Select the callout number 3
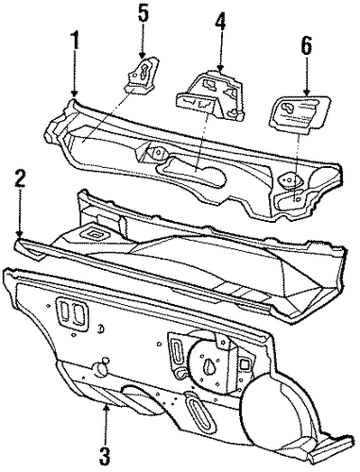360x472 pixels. (105, 454)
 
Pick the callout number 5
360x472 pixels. (143, 12)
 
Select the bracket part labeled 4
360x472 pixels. (211, 95)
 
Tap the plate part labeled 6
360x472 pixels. (300, 114)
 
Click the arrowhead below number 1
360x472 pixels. (75, 93)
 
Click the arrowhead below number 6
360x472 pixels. (306, 92)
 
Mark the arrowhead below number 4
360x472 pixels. (220, 67)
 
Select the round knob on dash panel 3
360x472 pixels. (101, 368)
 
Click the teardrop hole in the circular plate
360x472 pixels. (210, 366)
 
